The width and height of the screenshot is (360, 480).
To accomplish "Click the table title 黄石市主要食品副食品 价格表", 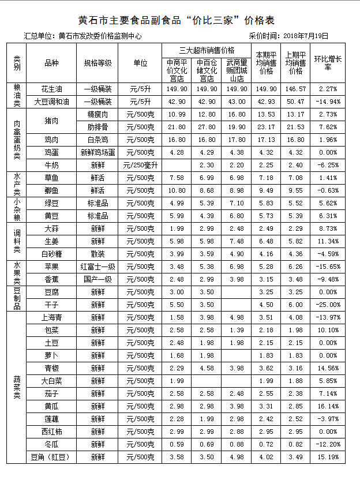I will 180,21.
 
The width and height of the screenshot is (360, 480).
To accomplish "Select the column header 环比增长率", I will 328,63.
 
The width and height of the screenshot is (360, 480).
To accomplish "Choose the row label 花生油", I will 51,89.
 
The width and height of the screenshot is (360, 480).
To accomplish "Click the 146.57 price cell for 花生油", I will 295,89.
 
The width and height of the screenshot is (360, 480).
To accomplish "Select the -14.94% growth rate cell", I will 328,102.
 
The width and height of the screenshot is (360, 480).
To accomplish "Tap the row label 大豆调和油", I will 51,102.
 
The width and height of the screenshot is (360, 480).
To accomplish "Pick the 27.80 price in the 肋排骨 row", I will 207,127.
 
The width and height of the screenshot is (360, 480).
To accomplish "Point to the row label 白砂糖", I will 51,254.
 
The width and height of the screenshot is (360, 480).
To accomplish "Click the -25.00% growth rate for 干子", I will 328,305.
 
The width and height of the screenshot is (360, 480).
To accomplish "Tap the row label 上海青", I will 51,317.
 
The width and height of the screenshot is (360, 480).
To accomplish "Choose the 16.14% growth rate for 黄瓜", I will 328,406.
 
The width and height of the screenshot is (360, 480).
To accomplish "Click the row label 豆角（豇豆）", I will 51,457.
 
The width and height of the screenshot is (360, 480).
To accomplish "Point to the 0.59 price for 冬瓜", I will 177,444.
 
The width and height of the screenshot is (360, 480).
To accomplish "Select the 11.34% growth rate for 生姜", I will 328,241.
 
